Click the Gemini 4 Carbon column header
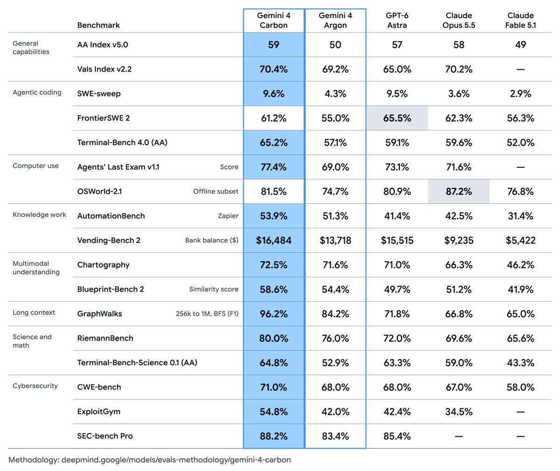pyautogui.click(x=273, y=21)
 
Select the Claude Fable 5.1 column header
pyautogui.click(x=520, y=21)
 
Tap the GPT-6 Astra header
pyautogui.click(x=397, y=21)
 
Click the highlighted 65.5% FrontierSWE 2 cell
pyautogui.click(x=397, y=118)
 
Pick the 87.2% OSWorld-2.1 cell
pyautogui.click(x=459, y=191)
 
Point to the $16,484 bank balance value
pyautogui.click(x=273, y=240)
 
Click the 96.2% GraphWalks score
pyautogui.click(x=273, y=314)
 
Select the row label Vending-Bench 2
pyautogui.click(x=109, y=240)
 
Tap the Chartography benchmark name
pyautogui.click(x=103, y=265)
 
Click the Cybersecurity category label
pyautogui.click(x=35, y=386)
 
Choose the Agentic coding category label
pyautogui.click(x=37, y=92)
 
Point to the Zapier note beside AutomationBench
pyautogui.click(x=228, y=216)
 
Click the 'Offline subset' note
pyautogui.click(x=216, y=191)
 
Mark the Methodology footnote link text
pyautogui.click(x=150, y=460)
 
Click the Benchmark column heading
pyautogui.click(x=98, y=25)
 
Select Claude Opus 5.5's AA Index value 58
pyautogui.click(x=459, y=44)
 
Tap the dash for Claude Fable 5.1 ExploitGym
pyautogui.click(x=520, y=411)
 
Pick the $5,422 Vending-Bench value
pyautogui.click(x=520, y=240)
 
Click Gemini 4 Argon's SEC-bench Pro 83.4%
pyautogui.click(x=335, y=436)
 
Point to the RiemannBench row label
pyautogui.click(x=105, y=338)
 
